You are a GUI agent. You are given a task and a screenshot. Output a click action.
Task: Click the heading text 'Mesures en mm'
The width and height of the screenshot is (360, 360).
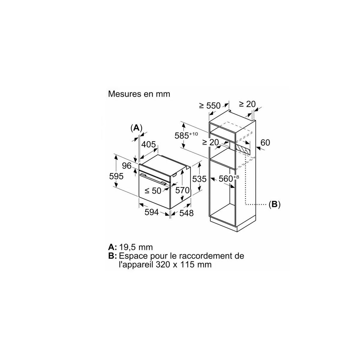click(139, 94)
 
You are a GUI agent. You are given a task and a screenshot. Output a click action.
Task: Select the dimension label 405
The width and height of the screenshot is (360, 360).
click(148, 144)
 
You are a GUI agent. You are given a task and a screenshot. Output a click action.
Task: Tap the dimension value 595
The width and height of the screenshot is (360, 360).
click(116, 176)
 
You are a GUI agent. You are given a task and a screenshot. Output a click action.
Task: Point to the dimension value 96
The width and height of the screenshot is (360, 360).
click(127, 166)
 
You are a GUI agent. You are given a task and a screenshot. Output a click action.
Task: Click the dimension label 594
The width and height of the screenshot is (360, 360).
click(151, 212)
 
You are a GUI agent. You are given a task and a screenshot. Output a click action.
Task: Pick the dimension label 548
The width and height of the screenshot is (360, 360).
click(186, 213)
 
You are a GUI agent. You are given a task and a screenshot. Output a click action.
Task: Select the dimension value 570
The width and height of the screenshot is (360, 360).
click(182, 190)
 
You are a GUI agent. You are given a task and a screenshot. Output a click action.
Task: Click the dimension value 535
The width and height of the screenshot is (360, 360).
click(199, 179)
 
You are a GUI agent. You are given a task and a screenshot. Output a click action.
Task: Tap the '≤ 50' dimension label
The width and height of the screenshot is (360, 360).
click(153, 191)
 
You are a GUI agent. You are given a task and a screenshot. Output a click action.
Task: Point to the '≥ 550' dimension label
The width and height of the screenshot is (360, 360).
click(210, 106)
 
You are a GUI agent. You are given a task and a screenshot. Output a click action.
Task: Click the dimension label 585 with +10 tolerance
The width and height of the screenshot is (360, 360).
click(186, 135)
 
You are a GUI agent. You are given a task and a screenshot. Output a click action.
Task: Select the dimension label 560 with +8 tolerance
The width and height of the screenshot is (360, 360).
click(229, 178)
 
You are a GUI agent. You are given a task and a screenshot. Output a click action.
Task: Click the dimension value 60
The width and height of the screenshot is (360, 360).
click(265, 143)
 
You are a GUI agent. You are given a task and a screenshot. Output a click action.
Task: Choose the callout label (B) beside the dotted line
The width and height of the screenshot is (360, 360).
click(274, 204)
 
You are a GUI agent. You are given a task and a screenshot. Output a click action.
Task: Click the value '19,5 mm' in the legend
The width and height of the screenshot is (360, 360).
click(136, 247)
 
